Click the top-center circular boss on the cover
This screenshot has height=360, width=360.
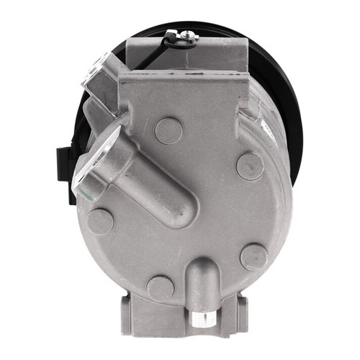(x=169, y=130)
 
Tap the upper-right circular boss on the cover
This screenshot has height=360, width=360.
(x=250, y=166)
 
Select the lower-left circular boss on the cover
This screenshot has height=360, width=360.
(x=100, y=221)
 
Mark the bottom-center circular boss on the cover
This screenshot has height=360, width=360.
(x=160, y=289)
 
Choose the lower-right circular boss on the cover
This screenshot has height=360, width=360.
(x=253, y=257)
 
